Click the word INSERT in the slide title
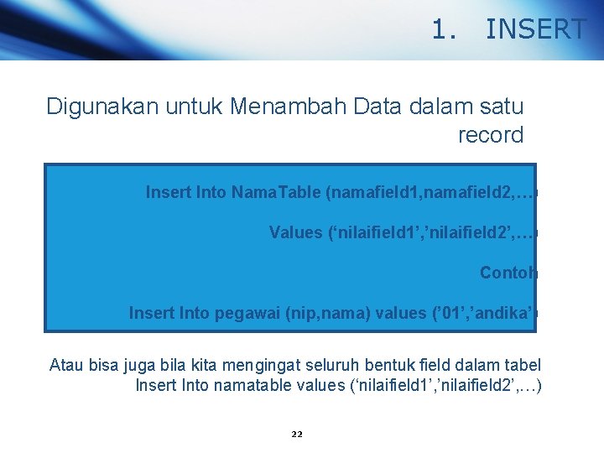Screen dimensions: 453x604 pos(535,30)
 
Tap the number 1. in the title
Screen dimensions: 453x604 pos(445,30)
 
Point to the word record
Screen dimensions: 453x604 pos(491,134)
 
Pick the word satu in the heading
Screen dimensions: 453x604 pos(501,107)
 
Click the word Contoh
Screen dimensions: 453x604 pos(508,273)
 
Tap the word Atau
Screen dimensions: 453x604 pos(66,365)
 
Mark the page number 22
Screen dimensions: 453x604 pos(296,435)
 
